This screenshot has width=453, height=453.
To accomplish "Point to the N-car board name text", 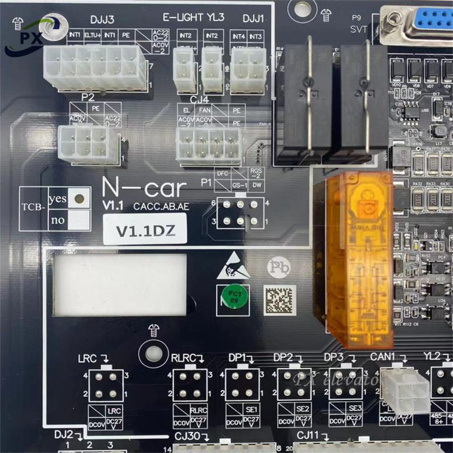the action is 144,188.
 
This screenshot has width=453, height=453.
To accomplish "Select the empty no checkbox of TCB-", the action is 78,219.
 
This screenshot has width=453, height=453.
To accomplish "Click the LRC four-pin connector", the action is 106,385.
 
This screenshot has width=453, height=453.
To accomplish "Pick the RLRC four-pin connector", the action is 190,385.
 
